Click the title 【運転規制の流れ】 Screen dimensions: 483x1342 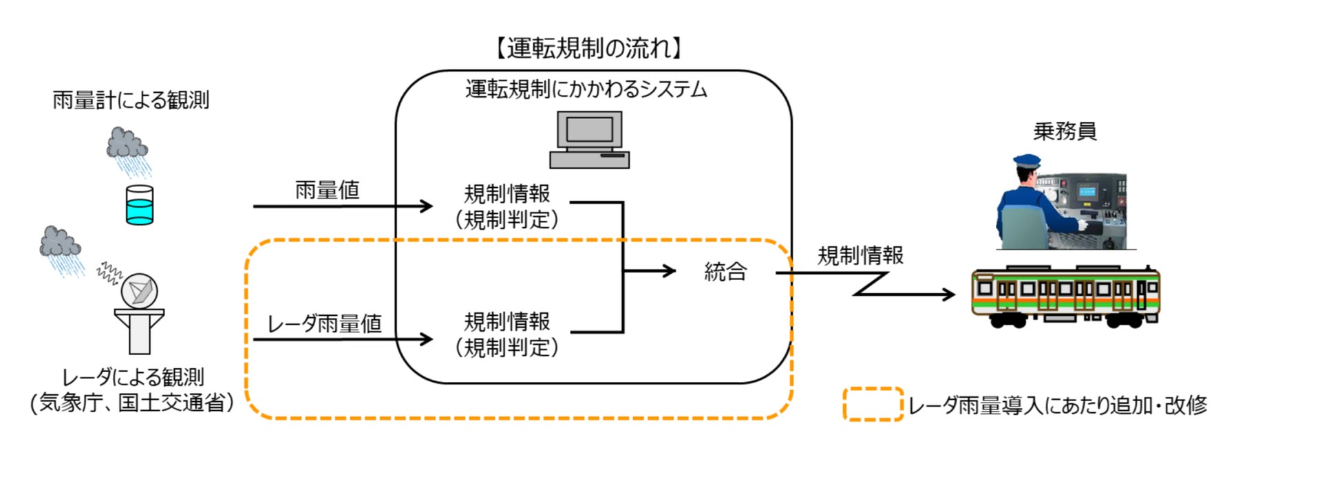pyautogui.click(x=589, y=48)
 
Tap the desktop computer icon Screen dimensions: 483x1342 pyautogui.click(x=590, y=140)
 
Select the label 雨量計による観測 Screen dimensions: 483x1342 pyautogui.click(x=131, y=100)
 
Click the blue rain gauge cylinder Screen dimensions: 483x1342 pyautogui.click(x=140, y=205)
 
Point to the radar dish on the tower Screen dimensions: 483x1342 pyautogui.click(x=140, y=291)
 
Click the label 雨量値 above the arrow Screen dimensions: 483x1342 pyautogui.click(x=328, y=190)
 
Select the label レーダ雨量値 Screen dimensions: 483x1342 pyautogui.click(x=323, y=323)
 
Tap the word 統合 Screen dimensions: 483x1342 pyautogui.click(x=725, y=272)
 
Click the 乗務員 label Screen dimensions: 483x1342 pyautogui.click(x=1064, y=131)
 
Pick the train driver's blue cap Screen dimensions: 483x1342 pyautogui.click(x=1027, y=162)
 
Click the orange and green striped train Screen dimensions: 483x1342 pyautogui.click(x=1065, y=294)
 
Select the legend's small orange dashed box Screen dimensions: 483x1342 pyautogui.click(x=873, y=405)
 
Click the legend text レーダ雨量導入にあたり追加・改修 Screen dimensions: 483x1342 pyautogui.click(x=1057, y=405)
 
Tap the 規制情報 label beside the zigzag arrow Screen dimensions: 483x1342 pyautogui.click(x=860, y=256)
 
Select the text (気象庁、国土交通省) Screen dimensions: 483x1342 pyautogui.click(x=132, y=403)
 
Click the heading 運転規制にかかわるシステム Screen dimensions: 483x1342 pyautogui.click(x=586, y=89)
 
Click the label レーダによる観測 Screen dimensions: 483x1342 pyautogui.click(x=133, y=377)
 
